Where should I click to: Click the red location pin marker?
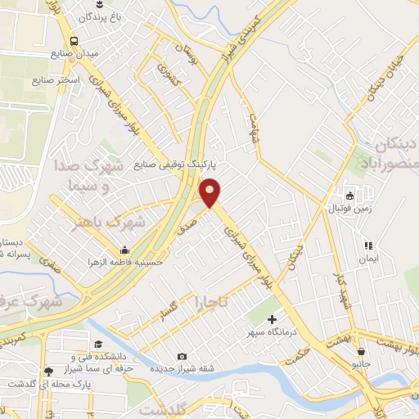coord(210,192)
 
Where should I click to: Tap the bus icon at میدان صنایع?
coord(74,40)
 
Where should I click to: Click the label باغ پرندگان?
coord(103,16)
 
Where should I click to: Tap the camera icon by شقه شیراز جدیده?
coord(181,356)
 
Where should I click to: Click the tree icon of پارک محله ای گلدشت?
coord(50,371)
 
